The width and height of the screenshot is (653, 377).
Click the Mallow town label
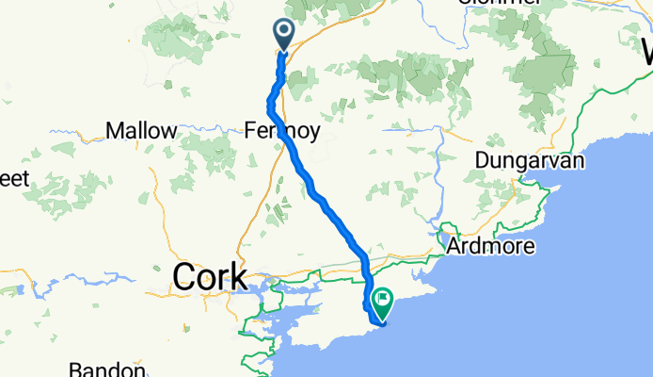pos(142,131)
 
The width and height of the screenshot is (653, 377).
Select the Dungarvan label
pos(530,160)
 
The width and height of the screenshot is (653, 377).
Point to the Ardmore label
pos(490,247)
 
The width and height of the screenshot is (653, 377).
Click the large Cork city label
pos(210,277)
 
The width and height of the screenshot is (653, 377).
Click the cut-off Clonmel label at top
pos(499,3)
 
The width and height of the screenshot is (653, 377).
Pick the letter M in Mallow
pos(114,131)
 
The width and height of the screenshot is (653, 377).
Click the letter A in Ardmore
pos(454,247)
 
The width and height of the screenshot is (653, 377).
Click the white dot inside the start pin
pos(283,32)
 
